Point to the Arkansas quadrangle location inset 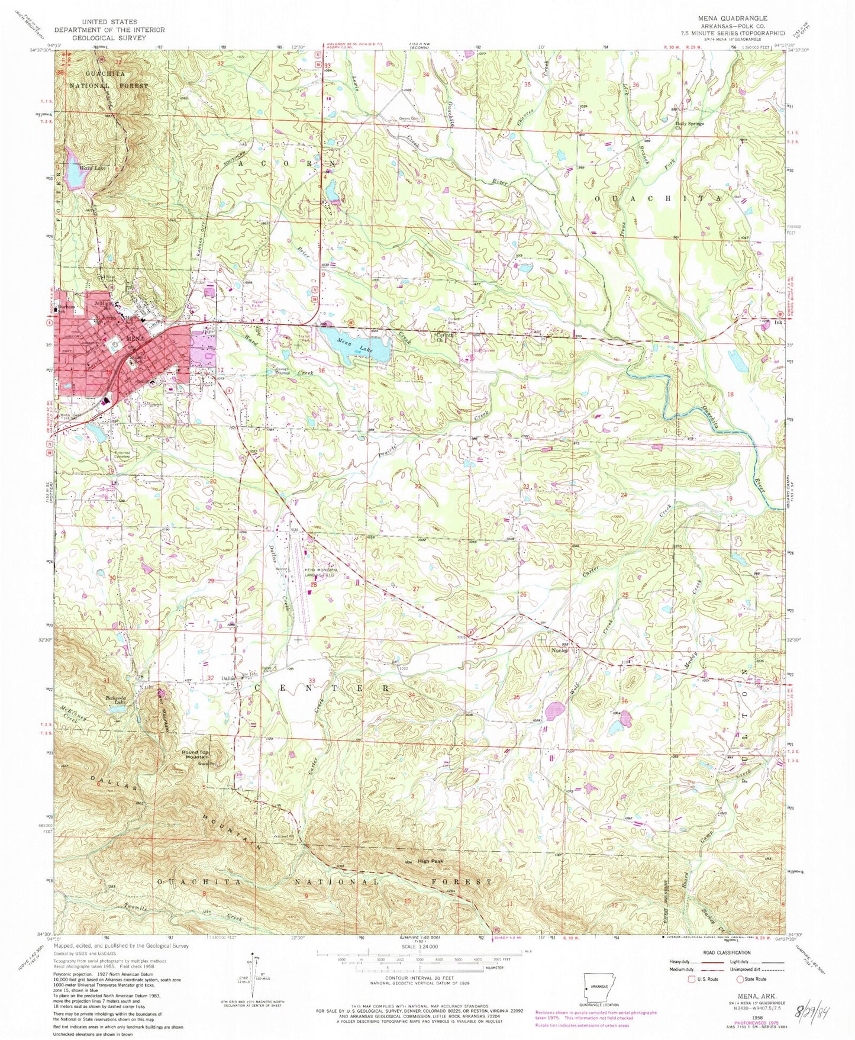pyautogui.click(x=600, y=989)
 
